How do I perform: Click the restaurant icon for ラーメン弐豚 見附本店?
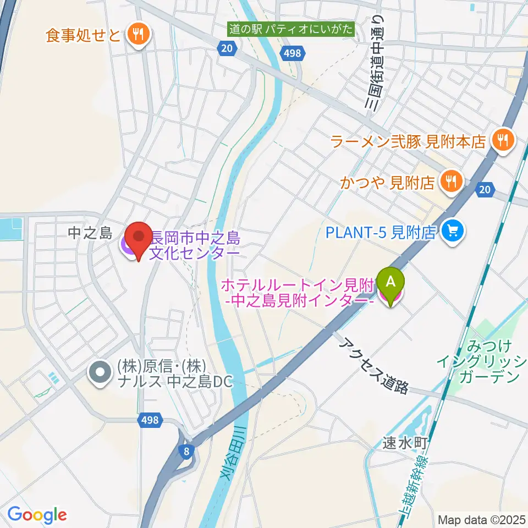point(503,141)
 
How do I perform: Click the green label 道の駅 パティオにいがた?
point(291,29)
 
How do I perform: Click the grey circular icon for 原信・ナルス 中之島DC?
point(100,373)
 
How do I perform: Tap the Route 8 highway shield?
point(188,451)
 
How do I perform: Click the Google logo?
point(37,515)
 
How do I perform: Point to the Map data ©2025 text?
point(481,519)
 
